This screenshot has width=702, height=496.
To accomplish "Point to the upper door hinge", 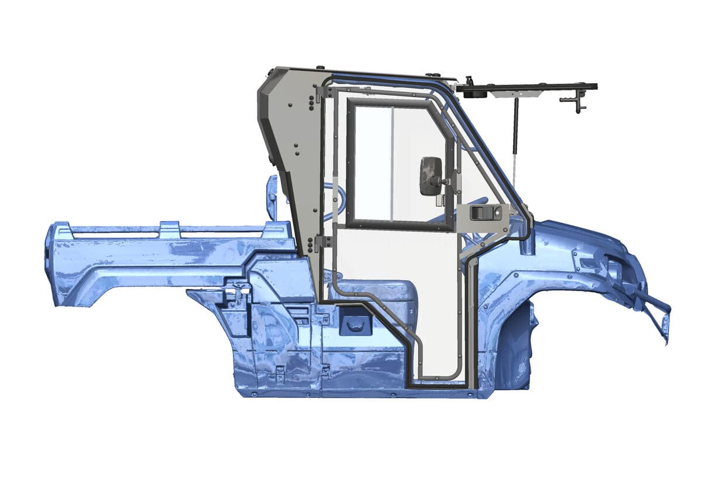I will click(320, 91).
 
